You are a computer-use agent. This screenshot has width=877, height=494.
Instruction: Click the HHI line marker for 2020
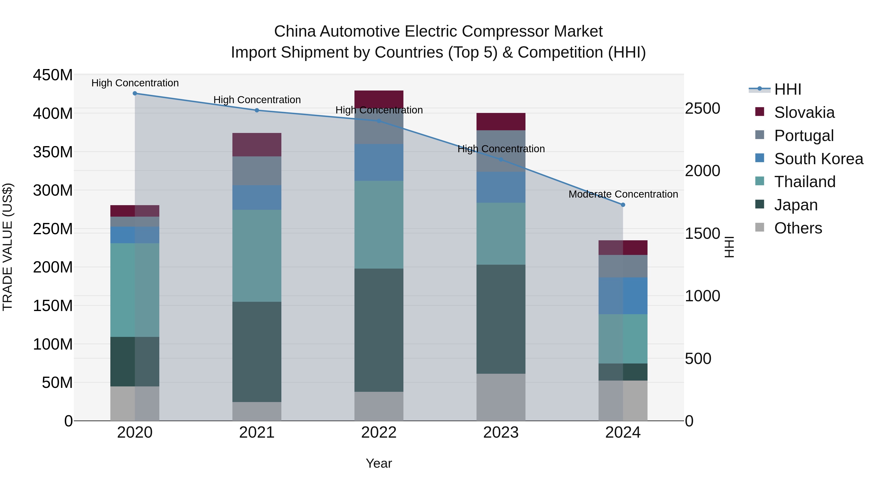pyautogui.click(x=135, y=93)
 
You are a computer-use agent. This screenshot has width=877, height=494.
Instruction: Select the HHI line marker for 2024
pyautogui.click(x=623, y=205)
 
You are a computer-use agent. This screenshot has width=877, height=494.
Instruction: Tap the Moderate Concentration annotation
pyautogui.click(x=623, y=194)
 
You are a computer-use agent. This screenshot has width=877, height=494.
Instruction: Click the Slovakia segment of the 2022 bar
pyautogui.click(x=379, y=99)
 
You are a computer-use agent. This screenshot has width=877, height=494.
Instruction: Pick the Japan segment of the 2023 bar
pyautogui.click(x=501, y=319)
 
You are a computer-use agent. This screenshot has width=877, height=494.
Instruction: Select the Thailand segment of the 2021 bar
pyautogui.click(x=257, y=256)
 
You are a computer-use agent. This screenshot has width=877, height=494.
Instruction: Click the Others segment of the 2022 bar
pyautogui.click(x=379, y=406)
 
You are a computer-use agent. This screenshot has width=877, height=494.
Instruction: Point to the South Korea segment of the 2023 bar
pyautogui.click(x=501, y=188)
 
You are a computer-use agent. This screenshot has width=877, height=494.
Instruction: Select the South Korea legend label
pyautogui.click(x=819, y=159)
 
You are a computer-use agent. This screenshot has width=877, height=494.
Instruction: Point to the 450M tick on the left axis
pyautogui.click(x=53, y=75)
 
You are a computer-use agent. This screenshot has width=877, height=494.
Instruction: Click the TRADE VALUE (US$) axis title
pyautogui.click(x=8, y=247)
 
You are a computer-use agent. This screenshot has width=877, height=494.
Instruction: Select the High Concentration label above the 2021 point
pyautogui.click(x=257, y=100)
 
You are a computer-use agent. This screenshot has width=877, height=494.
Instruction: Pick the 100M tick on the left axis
pyautogui.click(x=53, y=344)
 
